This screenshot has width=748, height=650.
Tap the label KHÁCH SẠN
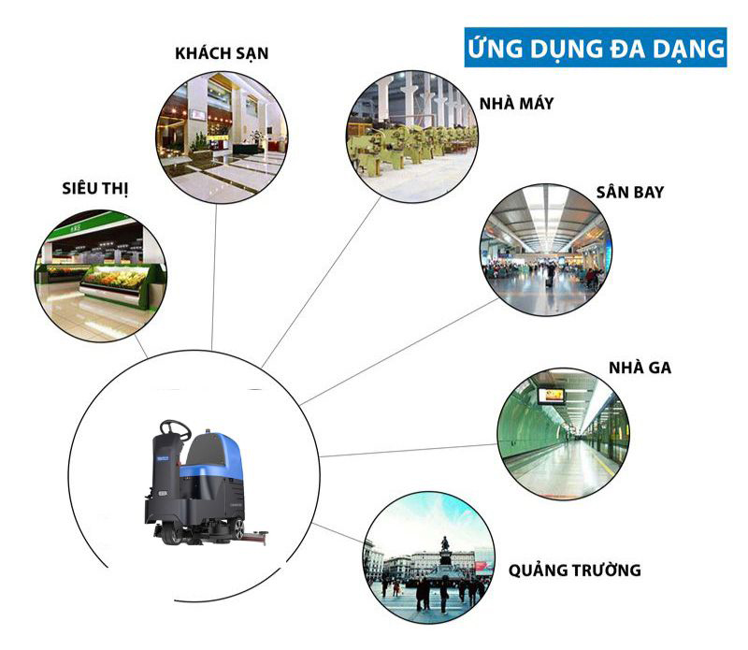click(222, 53)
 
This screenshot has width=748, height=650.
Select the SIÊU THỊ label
click(91, 189)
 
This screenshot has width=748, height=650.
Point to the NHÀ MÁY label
click(517, 103)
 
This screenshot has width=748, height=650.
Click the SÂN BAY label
click(629, 192)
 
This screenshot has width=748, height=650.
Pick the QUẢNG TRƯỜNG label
click(575, 570)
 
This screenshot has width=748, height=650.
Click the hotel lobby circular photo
click(222, 137)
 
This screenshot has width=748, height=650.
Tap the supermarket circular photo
click(100, 275)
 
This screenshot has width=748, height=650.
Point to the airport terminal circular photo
click(545, 249)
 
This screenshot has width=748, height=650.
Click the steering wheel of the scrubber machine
click(174, 430)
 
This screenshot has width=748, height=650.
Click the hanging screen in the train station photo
click(551, 395)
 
